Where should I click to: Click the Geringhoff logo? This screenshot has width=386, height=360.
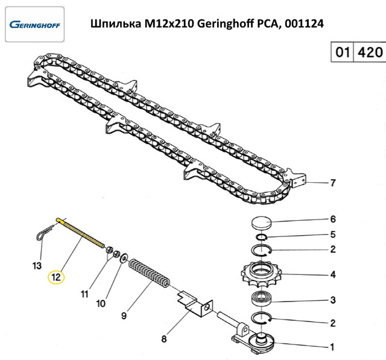[35, 25]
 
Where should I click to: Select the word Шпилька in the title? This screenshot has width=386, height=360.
[116, 24]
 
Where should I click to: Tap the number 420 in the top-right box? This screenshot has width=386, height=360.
[370, 52]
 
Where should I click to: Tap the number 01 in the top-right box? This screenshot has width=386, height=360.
[343, 52]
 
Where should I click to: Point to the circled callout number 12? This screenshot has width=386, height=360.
[56, 277]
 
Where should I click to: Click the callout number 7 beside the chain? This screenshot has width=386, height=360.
[333, 183]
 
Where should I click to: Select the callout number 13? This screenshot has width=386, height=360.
[37, 266]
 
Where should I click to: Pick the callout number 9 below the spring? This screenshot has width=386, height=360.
[124, 315]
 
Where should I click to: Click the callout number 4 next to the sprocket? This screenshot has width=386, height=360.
[333, 274]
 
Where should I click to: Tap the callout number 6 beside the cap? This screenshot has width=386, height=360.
[333, 219]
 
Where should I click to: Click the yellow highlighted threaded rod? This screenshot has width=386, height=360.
[80, 233]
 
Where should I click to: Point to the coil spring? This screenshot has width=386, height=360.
[150, 273]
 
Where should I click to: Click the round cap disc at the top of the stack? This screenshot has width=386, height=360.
[261, 223]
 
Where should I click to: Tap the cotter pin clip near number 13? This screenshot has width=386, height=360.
[46, 232]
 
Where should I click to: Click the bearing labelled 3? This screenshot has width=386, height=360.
[261, 299]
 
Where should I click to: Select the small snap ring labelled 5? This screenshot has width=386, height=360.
[261, 237]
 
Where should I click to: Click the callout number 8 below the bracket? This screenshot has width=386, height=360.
[164, 339]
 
